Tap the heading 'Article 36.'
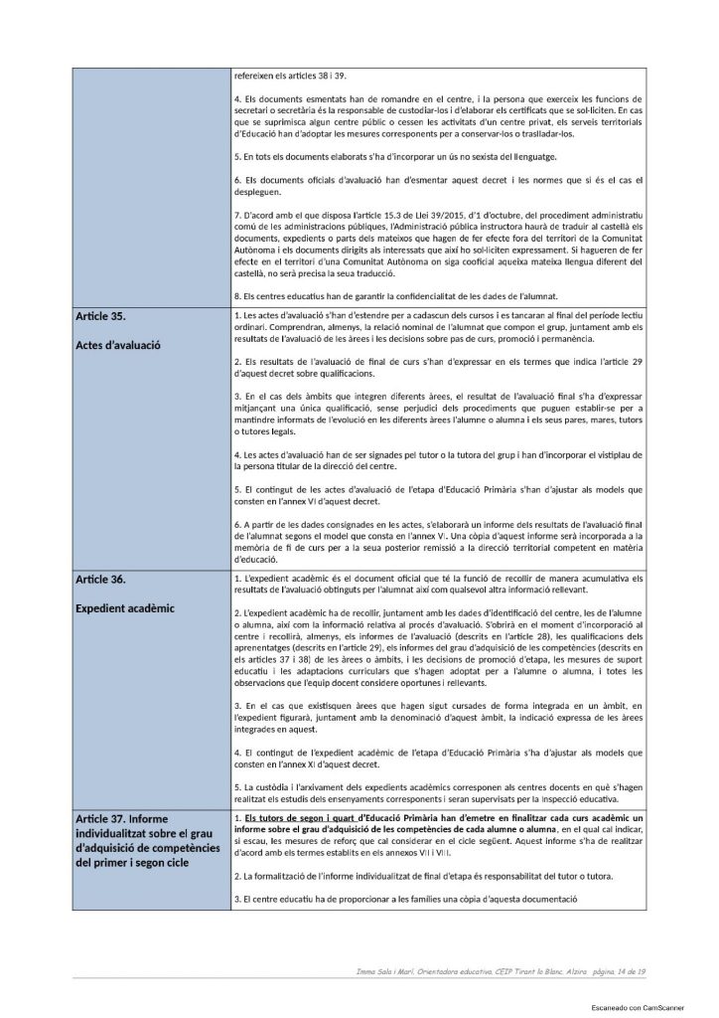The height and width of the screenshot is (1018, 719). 104,578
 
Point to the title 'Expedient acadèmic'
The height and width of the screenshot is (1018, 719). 125,606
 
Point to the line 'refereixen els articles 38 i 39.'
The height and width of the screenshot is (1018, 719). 291,75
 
